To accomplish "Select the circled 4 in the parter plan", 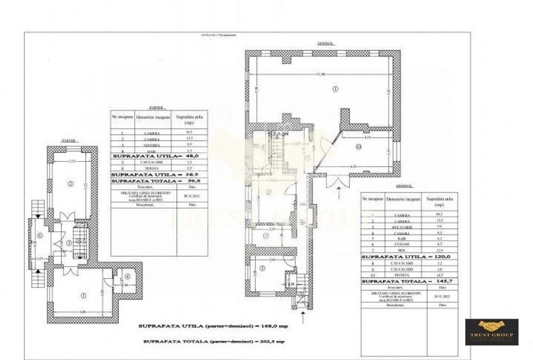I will coord(127,276).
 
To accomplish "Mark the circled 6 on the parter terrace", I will coord(40,235).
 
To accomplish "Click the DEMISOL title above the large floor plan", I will coord(325,43).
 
